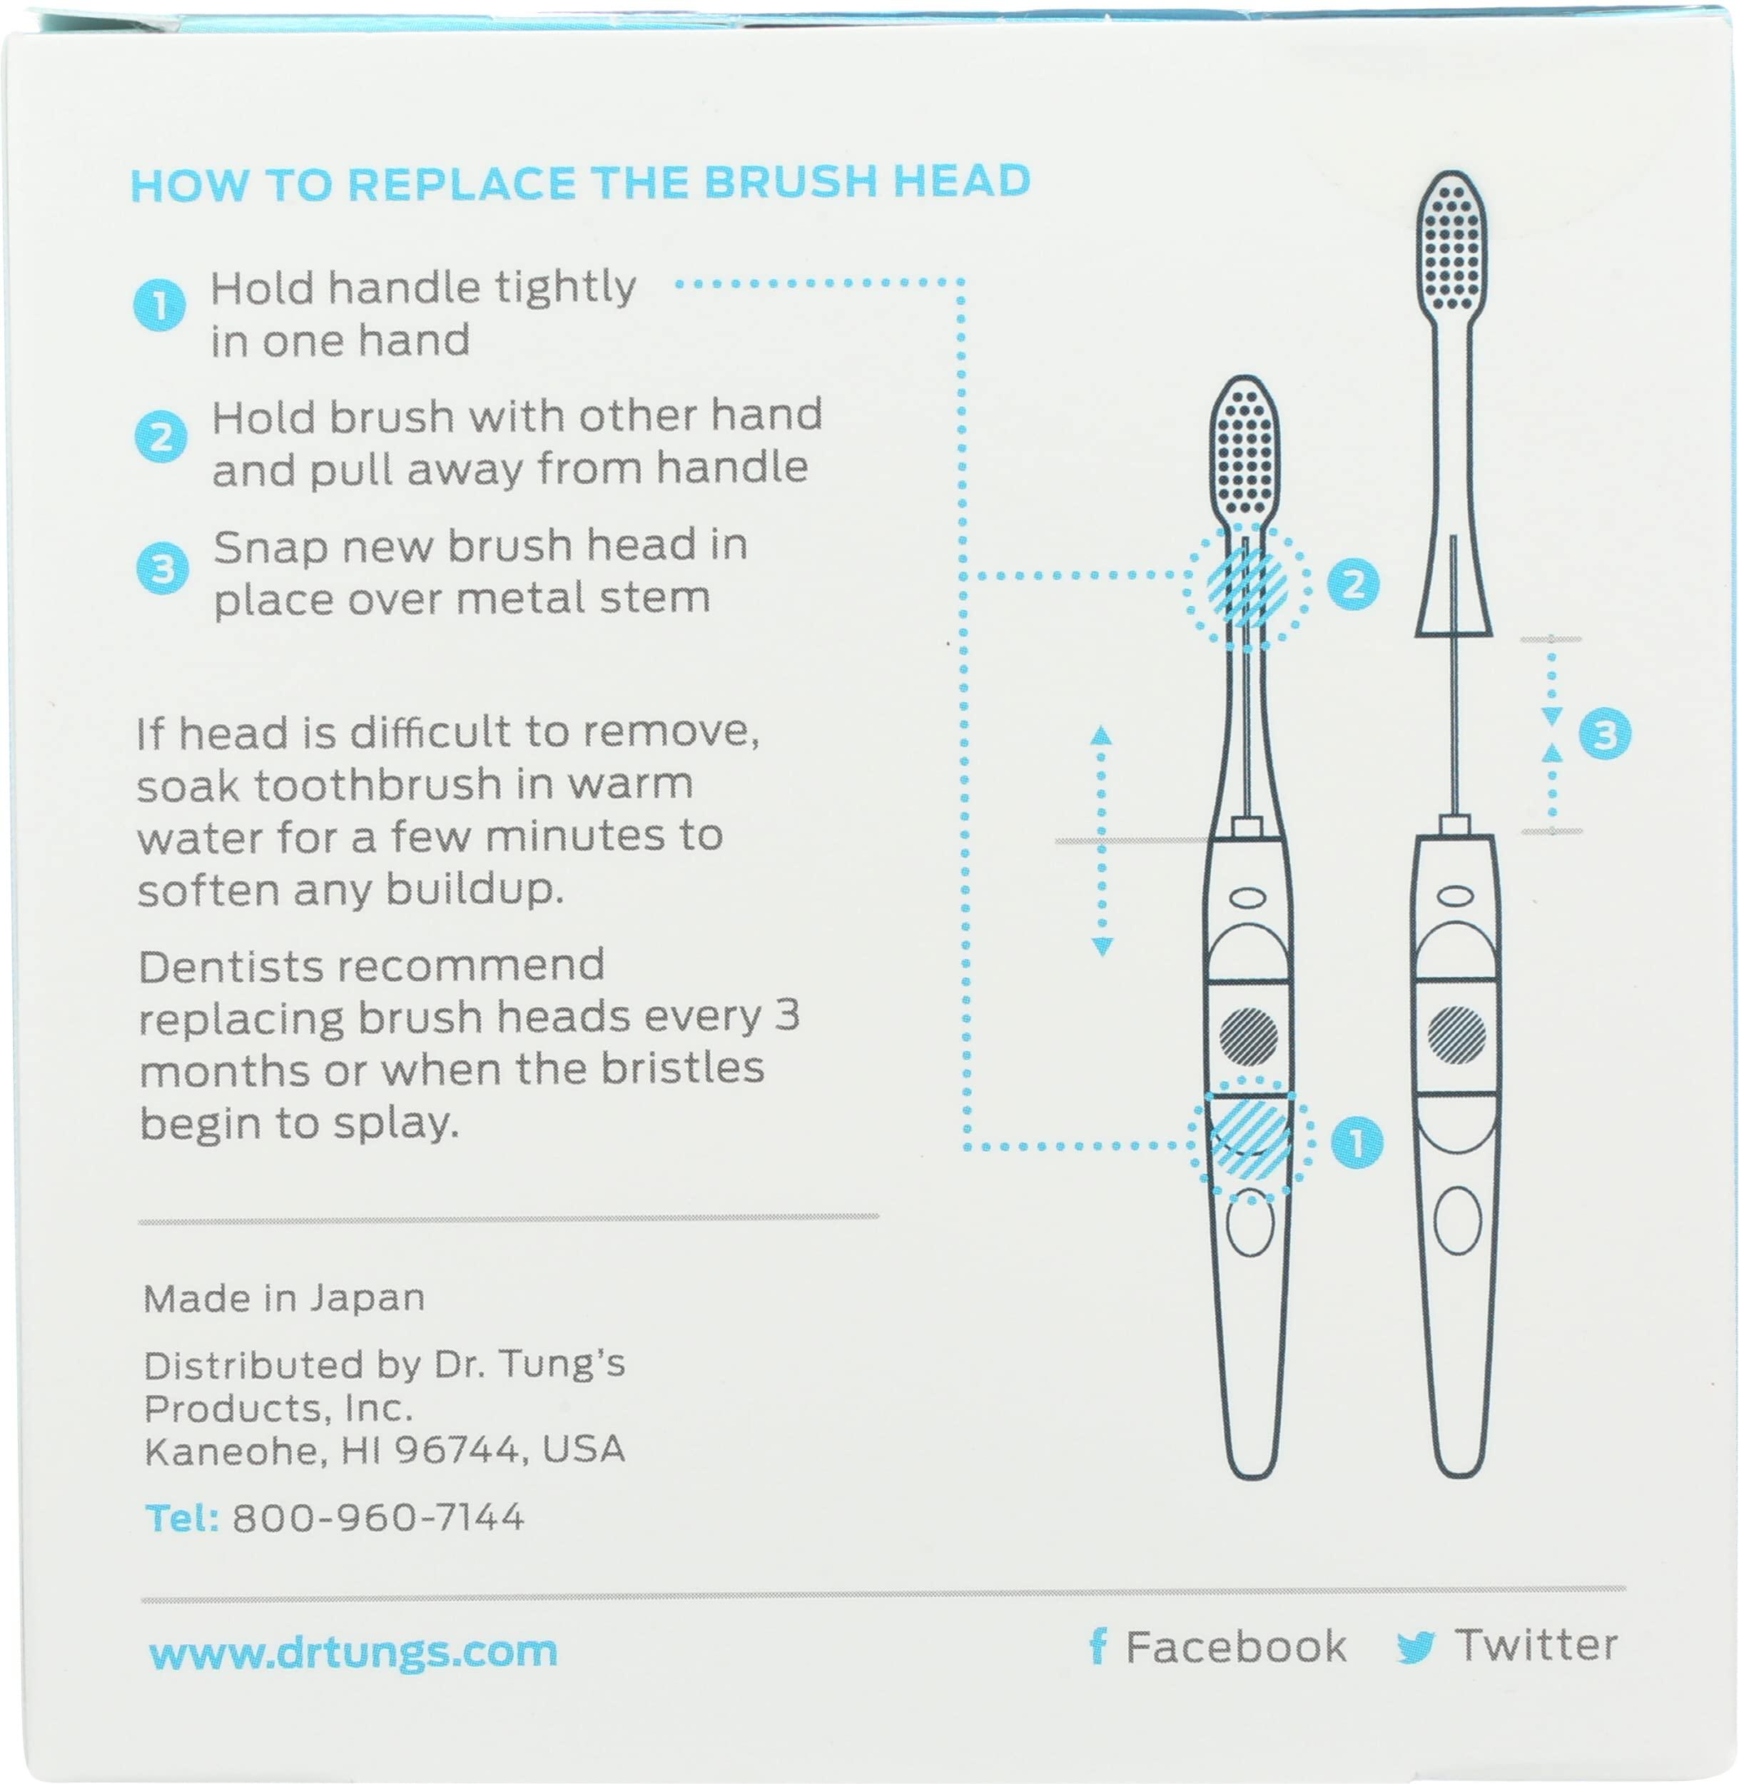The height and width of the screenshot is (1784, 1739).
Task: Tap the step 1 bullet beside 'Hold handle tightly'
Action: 160,305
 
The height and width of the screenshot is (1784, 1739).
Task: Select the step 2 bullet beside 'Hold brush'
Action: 162,437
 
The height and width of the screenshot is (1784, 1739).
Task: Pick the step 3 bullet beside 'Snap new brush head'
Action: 163,568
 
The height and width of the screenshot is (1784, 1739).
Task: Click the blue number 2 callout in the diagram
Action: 1353,584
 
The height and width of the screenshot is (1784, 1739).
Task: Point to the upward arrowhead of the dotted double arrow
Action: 1102,735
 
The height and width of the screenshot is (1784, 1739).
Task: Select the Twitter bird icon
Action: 1416,1646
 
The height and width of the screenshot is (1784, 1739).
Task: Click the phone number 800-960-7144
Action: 378,1517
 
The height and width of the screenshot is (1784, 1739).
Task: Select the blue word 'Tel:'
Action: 181,1517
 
